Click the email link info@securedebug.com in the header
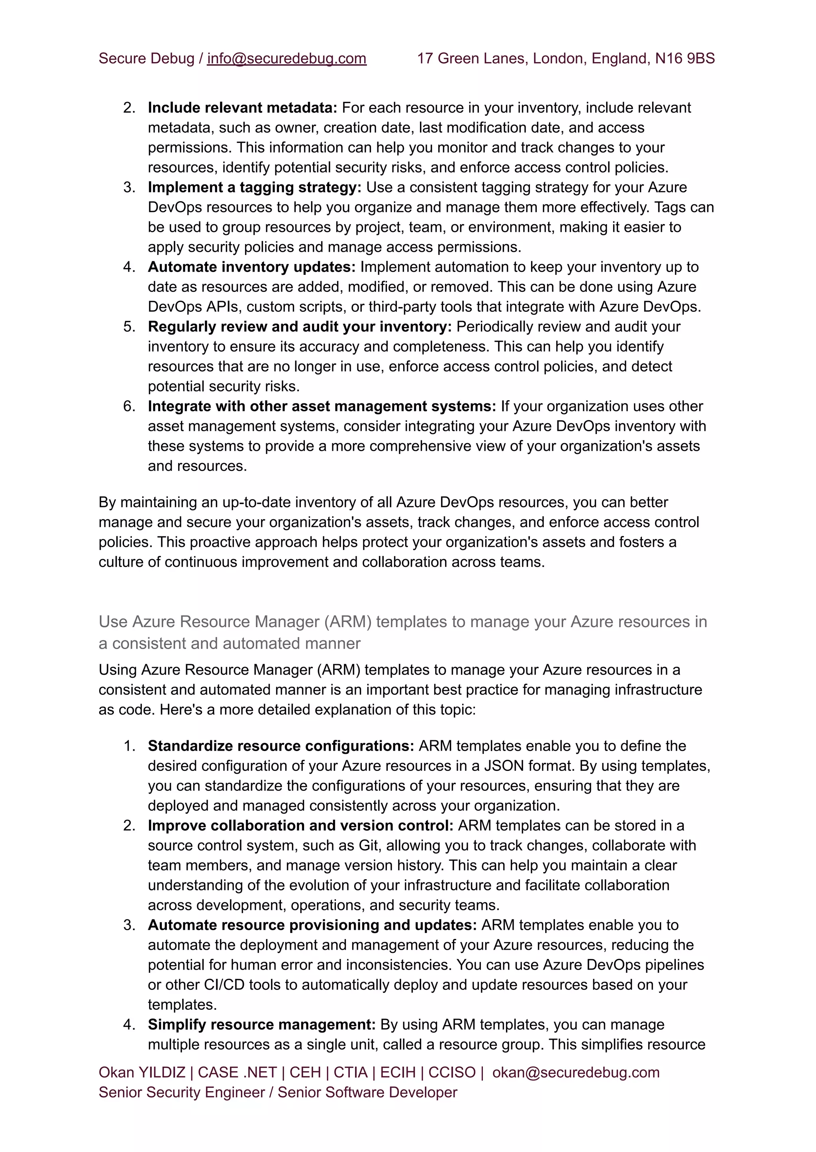click(x=286, y=59)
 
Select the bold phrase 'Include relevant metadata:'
click(x=242, y=108)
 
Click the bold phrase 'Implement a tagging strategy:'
click(x=254, y=187)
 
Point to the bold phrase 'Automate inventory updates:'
click(x=251, y=267)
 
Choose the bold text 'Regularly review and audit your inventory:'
click(x=300, y=327)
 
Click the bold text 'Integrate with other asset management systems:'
click(x=322, y=406)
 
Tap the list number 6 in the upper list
click(x=129, y=406)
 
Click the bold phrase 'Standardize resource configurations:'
click(x=280, y=746)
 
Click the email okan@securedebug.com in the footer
click(x=575, y=1073)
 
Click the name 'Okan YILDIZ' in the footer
click(x=142, y=1073)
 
